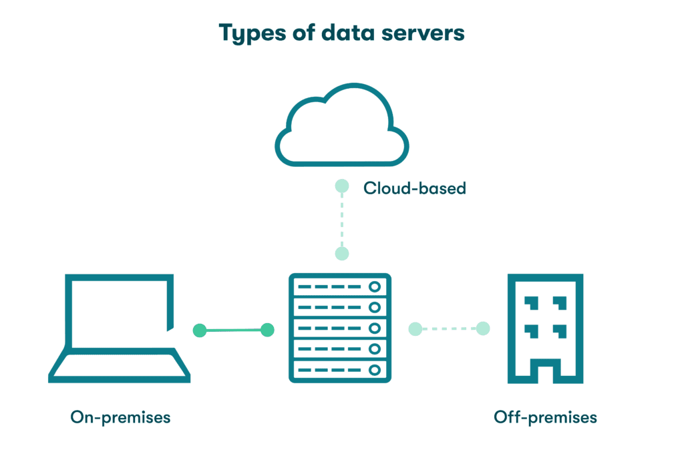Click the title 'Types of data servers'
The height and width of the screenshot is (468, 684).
coord(341,32)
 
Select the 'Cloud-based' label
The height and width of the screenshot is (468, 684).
coord(414,188)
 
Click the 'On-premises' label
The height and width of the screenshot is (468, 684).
coord(120,418)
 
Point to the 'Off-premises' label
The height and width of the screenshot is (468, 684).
coord(545,418)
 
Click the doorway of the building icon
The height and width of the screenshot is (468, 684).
coord(545,371)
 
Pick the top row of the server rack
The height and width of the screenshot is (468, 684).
coord(339,286)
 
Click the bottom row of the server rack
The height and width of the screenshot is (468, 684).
coord(339,369)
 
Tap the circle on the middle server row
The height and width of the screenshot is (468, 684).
coord(375,328)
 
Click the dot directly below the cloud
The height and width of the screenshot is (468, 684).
coord(341,186)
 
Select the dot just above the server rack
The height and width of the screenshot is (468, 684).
coord(341,253)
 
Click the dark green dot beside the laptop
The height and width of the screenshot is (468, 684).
coord(199,330)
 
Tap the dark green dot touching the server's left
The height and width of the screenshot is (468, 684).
coord(268,330)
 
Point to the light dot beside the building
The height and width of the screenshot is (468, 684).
coord(483,328)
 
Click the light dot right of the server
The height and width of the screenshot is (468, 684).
coord(415,329)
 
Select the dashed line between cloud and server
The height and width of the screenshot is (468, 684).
coord(341,220)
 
